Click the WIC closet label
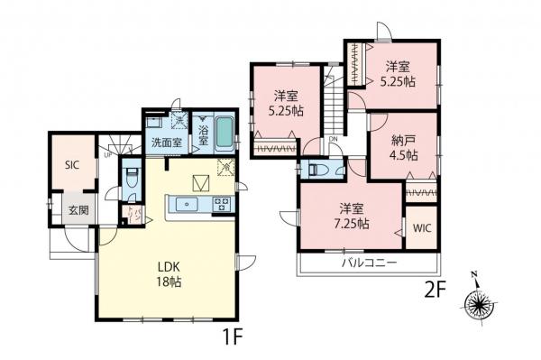[x=421, y=228]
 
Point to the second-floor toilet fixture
[x=319, y=169]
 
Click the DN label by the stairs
[x=333, y=140]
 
